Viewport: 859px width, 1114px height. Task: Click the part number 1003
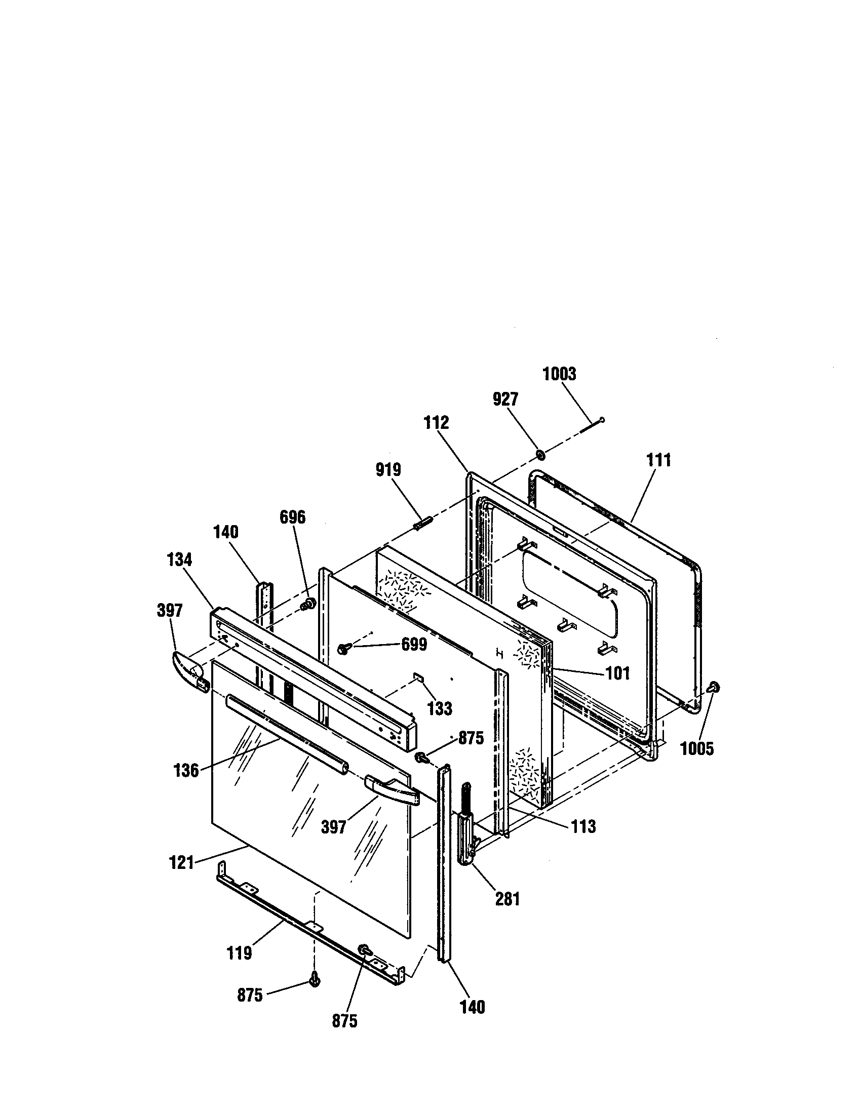pos(559,374)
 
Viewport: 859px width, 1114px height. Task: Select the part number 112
pos(437,422)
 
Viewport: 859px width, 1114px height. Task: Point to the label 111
pos(658,460)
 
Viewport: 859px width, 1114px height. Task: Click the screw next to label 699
pos(343,648)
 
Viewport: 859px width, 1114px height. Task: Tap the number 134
pos(179,560)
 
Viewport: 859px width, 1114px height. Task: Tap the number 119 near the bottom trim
pos(239,952)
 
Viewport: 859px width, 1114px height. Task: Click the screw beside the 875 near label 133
pos(422,758)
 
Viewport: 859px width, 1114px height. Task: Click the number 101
pos(617,673)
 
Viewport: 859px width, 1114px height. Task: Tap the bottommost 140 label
pos(473,1007)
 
